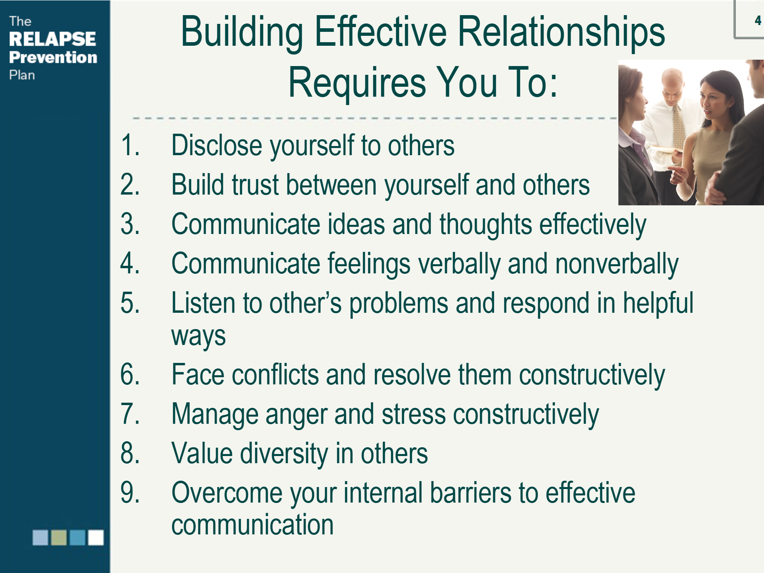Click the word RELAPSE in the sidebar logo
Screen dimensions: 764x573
pos(53,39)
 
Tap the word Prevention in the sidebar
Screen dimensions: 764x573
pos(53,57)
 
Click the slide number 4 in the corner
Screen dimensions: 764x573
pos(758,21)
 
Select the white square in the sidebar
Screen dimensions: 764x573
pos(96,537)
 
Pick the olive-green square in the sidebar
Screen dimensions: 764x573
pos(59,537)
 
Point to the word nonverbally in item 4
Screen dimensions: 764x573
pos(617,265)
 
